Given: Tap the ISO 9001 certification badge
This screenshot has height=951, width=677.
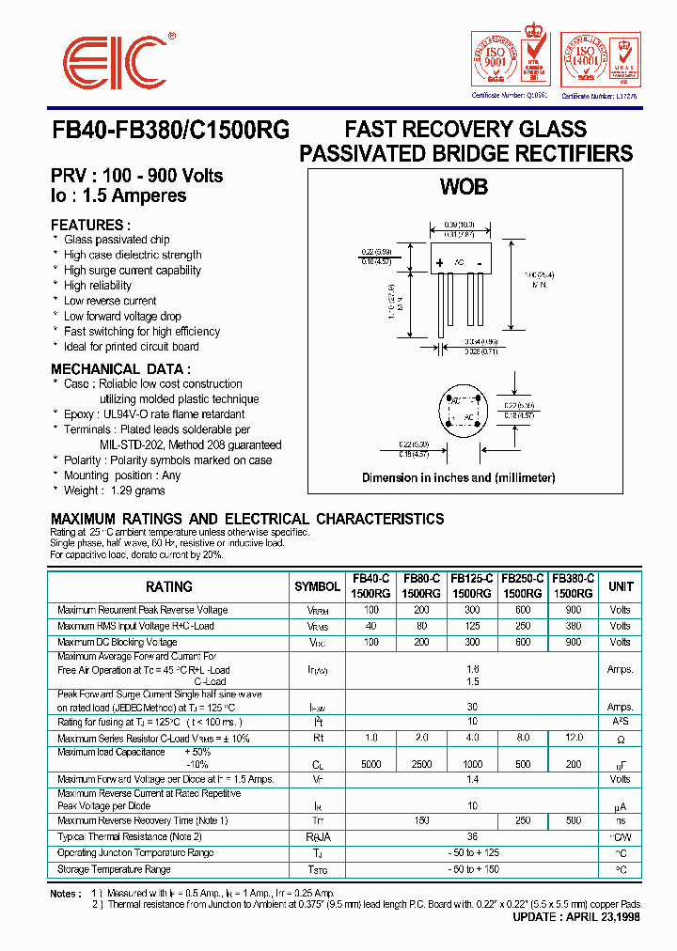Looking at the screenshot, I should [510, 60].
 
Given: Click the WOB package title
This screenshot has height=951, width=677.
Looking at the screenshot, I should [464, 187].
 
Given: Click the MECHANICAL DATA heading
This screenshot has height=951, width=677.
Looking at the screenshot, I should [120, 369].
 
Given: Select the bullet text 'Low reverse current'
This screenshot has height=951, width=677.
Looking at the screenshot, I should [110, 301].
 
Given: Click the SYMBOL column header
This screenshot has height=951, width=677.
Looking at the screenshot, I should [317, 586].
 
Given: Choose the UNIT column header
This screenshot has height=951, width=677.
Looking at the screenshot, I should [621, 586].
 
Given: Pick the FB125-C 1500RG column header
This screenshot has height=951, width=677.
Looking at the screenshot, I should [471, 586].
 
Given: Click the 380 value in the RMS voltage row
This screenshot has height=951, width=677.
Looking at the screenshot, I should [573, 626].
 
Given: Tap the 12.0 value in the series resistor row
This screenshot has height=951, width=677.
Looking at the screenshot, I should [573, 739].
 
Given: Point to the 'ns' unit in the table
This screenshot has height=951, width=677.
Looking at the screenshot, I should [621, 821].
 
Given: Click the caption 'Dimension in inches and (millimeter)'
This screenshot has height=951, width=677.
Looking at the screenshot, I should [459, 477].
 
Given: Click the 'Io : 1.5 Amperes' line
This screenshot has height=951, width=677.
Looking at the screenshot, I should [118, 196].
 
